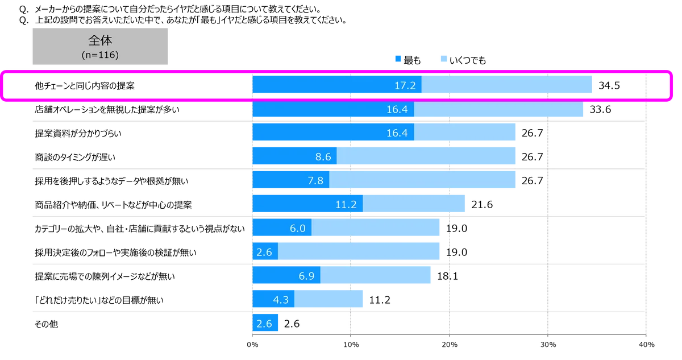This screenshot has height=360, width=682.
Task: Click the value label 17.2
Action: click(x=405, y=86)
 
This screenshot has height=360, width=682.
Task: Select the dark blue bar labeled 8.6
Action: click(x=294, y=157)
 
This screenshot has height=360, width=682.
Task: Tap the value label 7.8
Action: click(x=315, y=181)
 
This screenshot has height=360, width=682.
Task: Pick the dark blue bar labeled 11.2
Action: click(x=307, y=204)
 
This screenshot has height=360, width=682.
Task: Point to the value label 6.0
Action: click(x=297, y=229)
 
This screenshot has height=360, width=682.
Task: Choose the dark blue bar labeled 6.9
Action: click(x=286, y=276)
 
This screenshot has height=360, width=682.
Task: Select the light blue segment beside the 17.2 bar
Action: click(x=508, y=86)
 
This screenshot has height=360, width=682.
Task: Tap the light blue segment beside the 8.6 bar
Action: click(x=427, y=157)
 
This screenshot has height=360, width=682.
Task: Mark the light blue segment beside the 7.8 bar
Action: click(x=423, y=181)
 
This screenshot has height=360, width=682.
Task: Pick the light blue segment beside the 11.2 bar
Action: click(x=415, y=204)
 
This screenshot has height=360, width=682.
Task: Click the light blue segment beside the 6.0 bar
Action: click(x=376, y=229)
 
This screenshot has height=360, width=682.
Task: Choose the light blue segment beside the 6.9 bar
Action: click(x=376, y=276)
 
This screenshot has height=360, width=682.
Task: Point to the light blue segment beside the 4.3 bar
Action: click(x=331, y=299)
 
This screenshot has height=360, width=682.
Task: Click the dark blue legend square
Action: click(x=398, y=59)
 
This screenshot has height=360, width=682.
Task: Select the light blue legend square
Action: click(x=443, y=58)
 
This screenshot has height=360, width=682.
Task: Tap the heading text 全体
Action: click(x=100, y=42)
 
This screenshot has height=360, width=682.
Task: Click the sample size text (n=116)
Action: click(x=100, y=55)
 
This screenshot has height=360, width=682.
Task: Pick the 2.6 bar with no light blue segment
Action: click(x=266, y=324)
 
